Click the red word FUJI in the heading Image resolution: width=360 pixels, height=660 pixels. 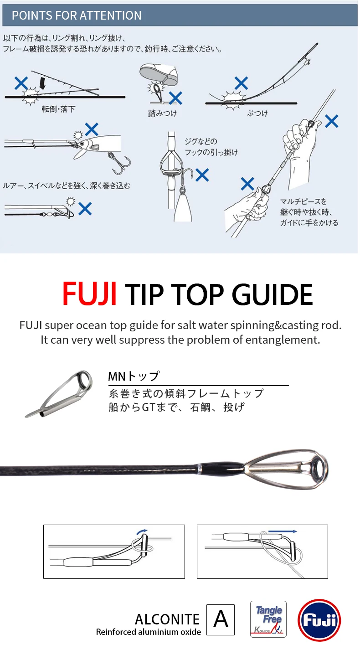coord(90,294)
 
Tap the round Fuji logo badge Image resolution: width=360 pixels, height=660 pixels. coord(319,620)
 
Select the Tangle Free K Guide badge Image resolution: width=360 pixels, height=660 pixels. coord(268,619)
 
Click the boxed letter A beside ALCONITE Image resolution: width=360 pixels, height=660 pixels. coord(221,619)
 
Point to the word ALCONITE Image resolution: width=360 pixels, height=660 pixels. coord(167,619)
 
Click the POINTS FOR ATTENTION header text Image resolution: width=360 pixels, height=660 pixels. coord(77,15)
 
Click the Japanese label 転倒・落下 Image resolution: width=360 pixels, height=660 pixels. coord(58,109)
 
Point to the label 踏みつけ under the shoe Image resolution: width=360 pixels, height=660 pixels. coord(162,113)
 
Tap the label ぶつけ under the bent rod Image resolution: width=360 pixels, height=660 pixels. coord(257,113)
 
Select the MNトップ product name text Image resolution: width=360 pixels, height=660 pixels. coord(134,376)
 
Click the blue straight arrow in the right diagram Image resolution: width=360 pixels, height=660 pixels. coord(283,531)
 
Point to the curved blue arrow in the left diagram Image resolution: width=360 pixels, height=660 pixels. coord(142,531)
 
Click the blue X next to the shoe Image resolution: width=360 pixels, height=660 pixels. coord(175,98)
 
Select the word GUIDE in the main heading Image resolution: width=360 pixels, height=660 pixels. coord(272,294)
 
